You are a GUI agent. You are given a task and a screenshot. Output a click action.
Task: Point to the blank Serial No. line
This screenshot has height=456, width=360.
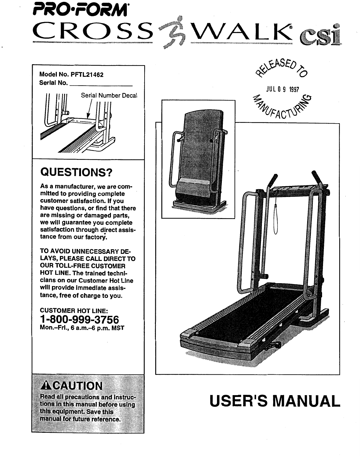click(x=101, y=83)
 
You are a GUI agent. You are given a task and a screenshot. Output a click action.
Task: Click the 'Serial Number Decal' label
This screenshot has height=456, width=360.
click(x=109, y=95)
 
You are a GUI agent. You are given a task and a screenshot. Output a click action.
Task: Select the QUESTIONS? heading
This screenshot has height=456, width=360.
click(x=77, y=172)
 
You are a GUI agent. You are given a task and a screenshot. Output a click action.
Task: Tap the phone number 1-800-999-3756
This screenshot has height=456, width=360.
click(x=79, y=319)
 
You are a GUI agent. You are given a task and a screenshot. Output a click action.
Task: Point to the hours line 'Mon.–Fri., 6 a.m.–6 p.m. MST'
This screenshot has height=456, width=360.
click(x=82, y=328)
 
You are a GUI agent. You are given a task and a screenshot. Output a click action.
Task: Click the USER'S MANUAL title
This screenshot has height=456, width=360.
click(x=274, y=401)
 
